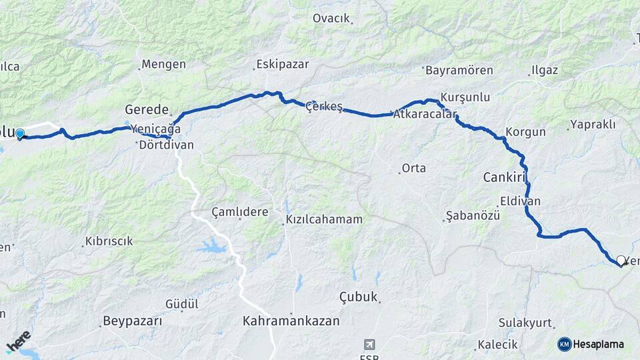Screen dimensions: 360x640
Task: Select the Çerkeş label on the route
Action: (x=324, y=107)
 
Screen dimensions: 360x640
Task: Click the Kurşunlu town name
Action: (x=465, y=97)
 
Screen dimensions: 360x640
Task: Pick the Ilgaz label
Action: (x=545, y=70)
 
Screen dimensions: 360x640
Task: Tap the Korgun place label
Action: (x=525, y=132)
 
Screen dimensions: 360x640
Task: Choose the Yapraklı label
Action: (x=593, y=125)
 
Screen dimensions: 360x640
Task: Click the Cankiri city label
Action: (x=505, y=177)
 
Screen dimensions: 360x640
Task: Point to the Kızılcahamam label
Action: (x=324, y=219)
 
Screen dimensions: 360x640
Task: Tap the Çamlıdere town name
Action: (x=239, y=212)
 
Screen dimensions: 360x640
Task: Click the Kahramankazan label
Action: (x=291, y=321)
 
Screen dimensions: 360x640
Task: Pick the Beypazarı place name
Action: (x=132, y=321)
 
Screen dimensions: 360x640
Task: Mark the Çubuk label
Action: (x=359, y=297)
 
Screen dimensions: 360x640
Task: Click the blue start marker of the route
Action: (x=20, y=134)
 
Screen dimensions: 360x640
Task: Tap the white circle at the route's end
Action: (x=621, y=261)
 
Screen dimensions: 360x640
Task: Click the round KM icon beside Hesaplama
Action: (x=565, y=344)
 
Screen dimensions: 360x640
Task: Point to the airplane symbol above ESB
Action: (x=368, y=344)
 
